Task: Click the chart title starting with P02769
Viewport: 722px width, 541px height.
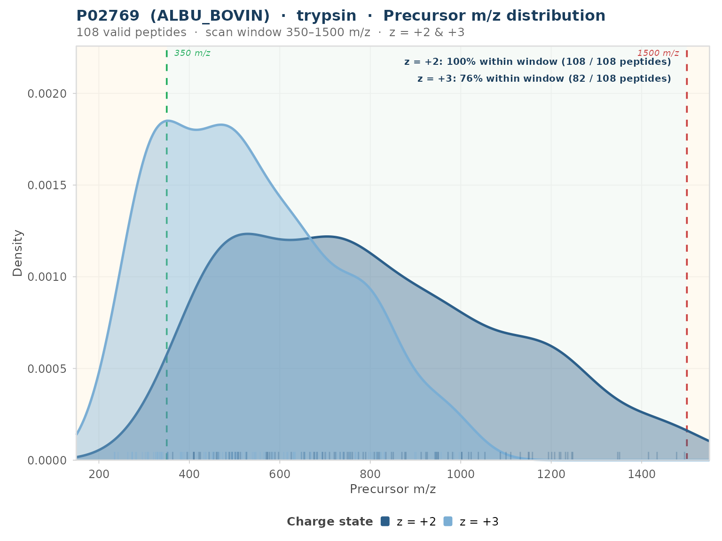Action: pyautogui.click(x=341, y=16)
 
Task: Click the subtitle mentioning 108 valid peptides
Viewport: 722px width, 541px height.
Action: pyautogui.click(x=270, y=32)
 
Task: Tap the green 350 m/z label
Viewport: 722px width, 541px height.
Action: pyautogui.click(x=192, y=53)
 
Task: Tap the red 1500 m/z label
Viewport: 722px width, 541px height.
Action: pyautogui.click(x=658, y=53)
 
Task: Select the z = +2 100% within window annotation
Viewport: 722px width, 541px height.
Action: pyautogui.click(x=537, y=62)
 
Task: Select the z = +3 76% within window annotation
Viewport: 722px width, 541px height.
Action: pyautogui.click(x=544, y=79)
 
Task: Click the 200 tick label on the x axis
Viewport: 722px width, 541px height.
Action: pyautogui.click(x=99, y=474)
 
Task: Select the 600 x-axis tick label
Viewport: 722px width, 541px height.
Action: pyautogui.click(x=280, y=474)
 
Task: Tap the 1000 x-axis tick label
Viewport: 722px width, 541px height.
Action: pyautogui.click(x=461, y=474)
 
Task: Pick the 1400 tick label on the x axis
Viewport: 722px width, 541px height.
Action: pyautogui.click(x=642, y=474)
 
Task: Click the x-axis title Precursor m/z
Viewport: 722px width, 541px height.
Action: pyautogui.click(x=393, y=489)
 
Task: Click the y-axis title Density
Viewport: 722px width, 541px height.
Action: pyautogui.click(x=17, y=253)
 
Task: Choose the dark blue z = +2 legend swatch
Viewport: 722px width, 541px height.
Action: pyautogui.click(x=385, y=521)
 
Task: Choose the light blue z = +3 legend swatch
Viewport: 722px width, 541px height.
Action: pyautogui.click(x=448, y=521)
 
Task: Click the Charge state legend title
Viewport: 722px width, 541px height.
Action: pyautogui.click(x=330, y=522)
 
